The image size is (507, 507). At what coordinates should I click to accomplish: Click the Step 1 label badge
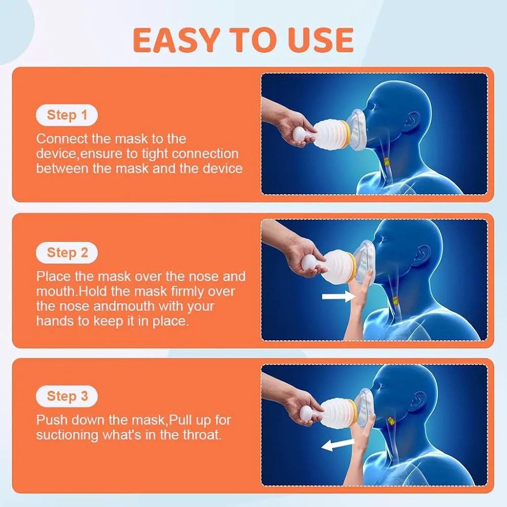66,115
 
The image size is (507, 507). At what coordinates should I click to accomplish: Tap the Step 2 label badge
66,252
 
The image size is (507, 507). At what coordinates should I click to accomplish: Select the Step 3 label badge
66,396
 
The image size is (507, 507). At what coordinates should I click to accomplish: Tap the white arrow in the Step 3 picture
337,444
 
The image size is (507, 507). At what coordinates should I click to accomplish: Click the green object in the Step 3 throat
391,421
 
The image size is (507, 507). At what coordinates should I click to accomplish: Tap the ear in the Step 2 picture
422,255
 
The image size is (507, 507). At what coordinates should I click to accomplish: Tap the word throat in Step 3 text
202,434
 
